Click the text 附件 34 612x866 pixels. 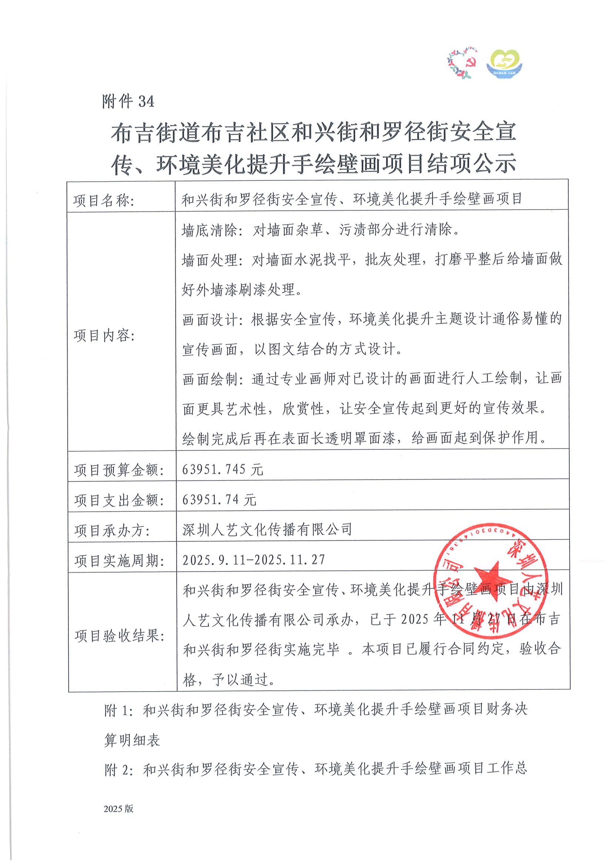[x=128, y=101]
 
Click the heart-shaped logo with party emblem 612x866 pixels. [x=462, y=63]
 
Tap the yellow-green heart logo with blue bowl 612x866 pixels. [x=504, y=64]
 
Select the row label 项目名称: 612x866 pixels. [x=104, y=201]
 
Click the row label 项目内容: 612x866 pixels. [x=104, y=335]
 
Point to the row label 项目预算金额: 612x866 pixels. [x=119, y=470]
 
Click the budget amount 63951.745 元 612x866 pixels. [x=223, y=469]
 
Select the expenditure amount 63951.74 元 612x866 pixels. [x=219, y=500]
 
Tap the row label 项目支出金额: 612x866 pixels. [x=119, y=501]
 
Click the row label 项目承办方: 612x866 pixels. [x=112, y=531]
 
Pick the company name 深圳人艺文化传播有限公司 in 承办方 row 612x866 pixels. [x=267, y=529]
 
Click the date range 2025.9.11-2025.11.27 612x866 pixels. [x=253, y=560]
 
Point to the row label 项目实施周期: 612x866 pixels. [x=119, y=561]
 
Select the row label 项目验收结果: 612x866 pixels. [x=119, y=636]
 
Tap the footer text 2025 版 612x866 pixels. [x=118, y=808]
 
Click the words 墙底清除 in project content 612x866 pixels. [x=209, y=230]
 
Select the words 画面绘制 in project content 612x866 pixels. [x=210, y=379]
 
